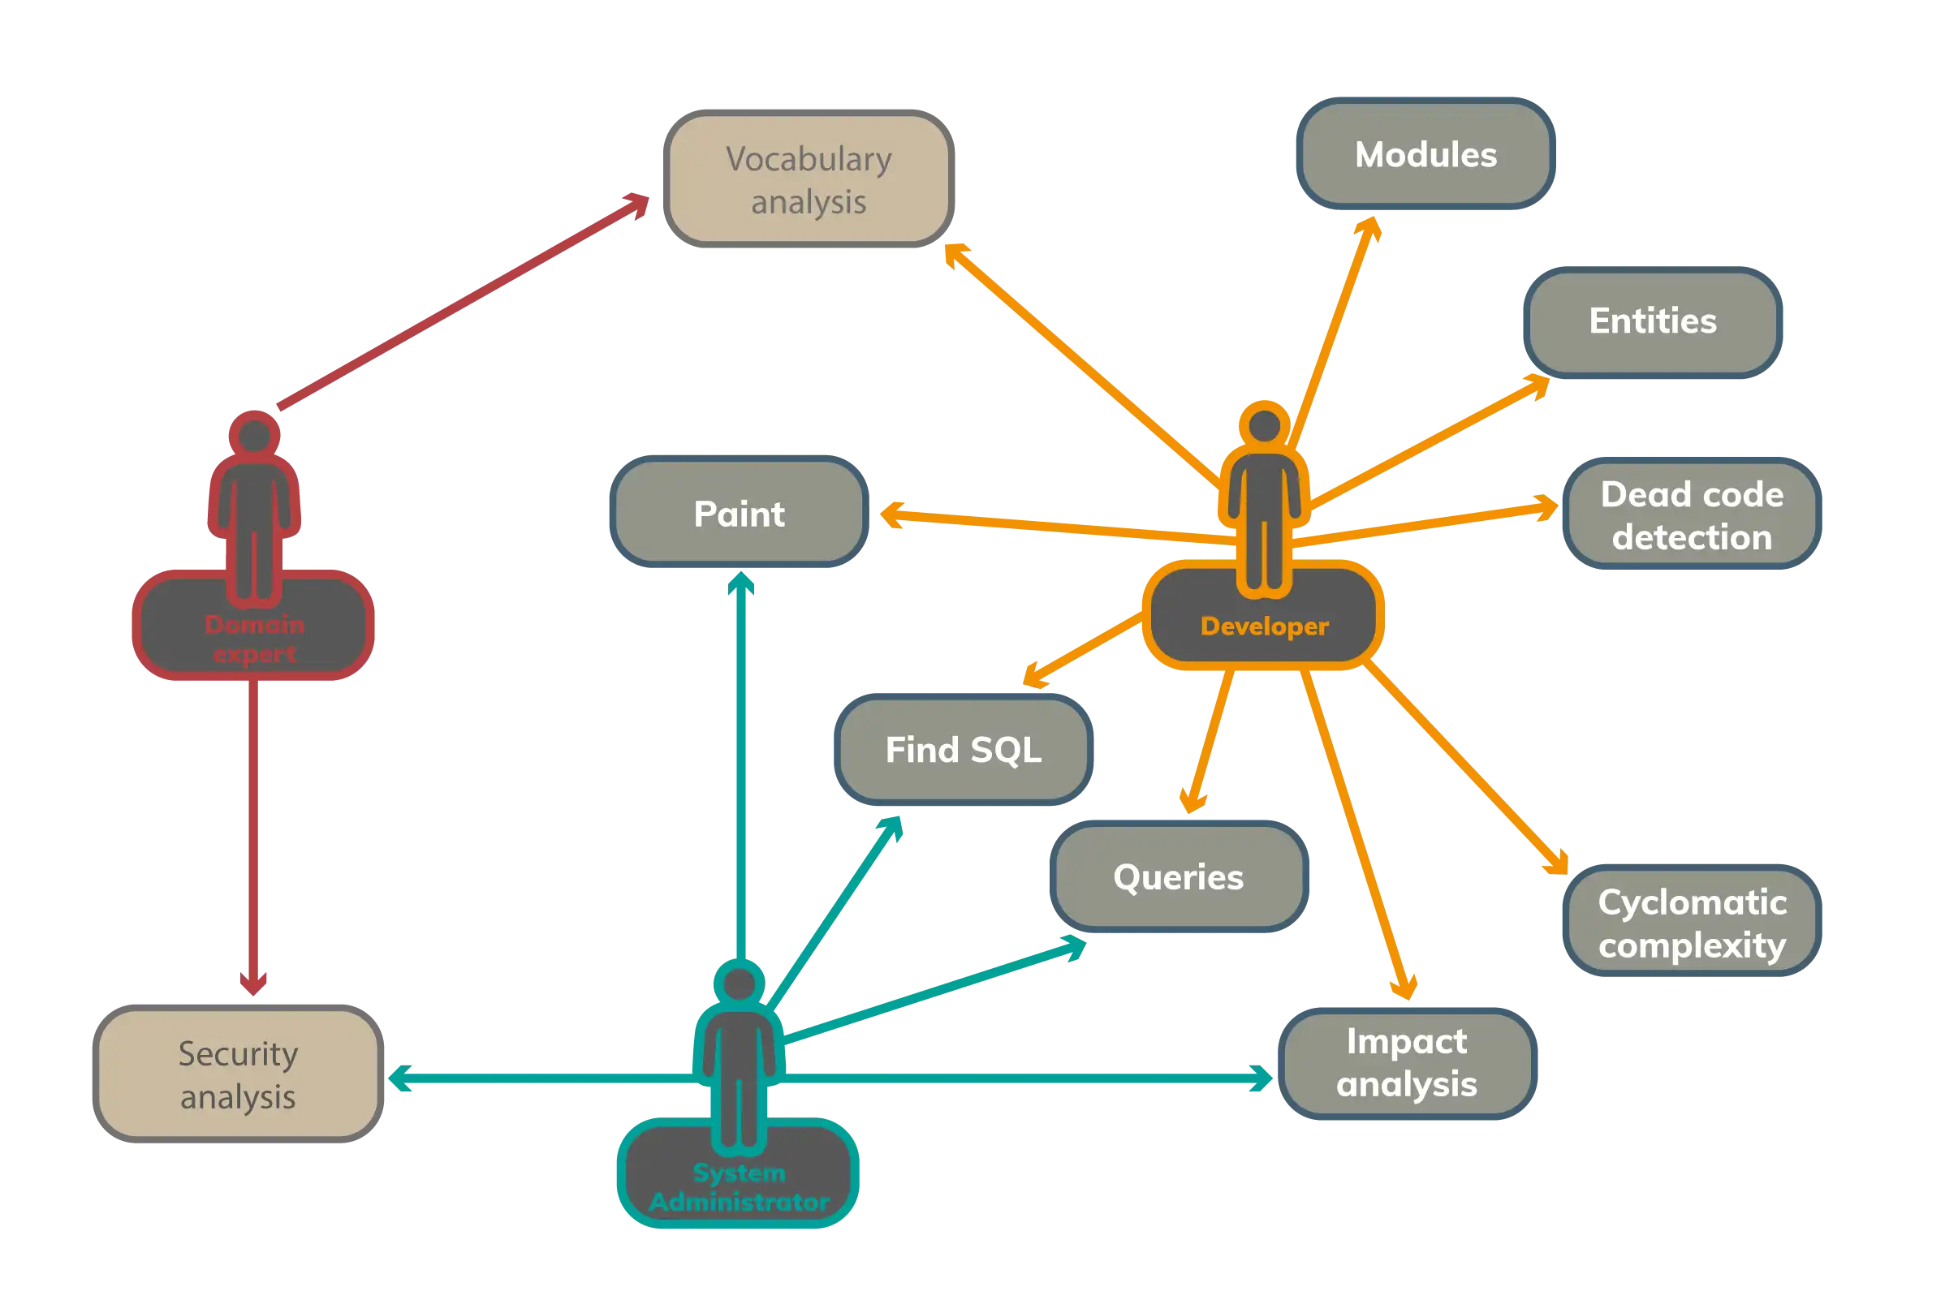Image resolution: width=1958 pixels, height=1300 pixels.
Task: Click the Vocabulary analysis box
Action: click(x=809, y=179)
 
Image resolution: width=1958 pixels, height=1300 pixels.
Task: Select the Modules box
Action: click(x=1425, y=154)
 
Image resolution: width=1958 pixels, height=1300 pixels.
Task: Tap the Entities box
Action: click(x=1653, y=321)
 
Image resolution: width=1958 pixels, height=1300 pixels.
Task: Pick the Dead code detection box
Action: click(x=1691, y=514)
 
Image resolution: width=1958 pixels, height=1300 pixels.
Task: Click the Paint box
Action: click(x=739, y=514)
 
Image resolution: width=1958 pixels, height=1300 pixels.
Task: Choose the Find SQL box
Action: click(x=963, y=751)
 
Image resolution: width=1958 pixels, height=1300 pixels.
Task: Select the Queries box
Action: click(x=1179, y=877)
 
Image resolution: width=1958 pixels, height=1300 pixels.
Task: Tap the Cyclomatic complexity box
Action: click(x=1692, y=923)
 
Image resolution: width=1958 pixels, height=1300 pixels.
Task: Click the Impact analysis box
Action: click(x=1408, y=1063)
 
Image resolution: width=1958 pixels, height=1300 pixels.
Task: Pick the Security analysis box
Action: click(x=238, y=1074)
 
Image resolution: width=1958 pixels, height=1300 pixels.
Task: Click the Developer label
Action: click(x=1264, y=626)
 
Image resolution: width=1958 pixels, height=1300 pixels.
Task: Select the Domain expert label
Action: click(x=255, y=639)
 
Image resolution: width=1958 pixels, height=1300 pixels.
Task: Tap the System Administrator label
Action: click(x=739, y=1187)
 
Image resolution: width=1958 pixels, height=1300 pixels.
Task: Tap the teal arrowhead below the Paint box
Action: click(x=741, y=584)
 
